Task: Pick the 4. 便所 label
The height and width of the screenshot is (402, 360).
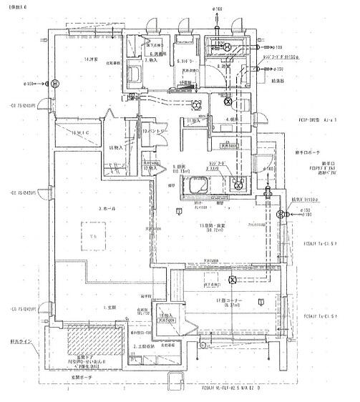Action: [233, 119]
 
